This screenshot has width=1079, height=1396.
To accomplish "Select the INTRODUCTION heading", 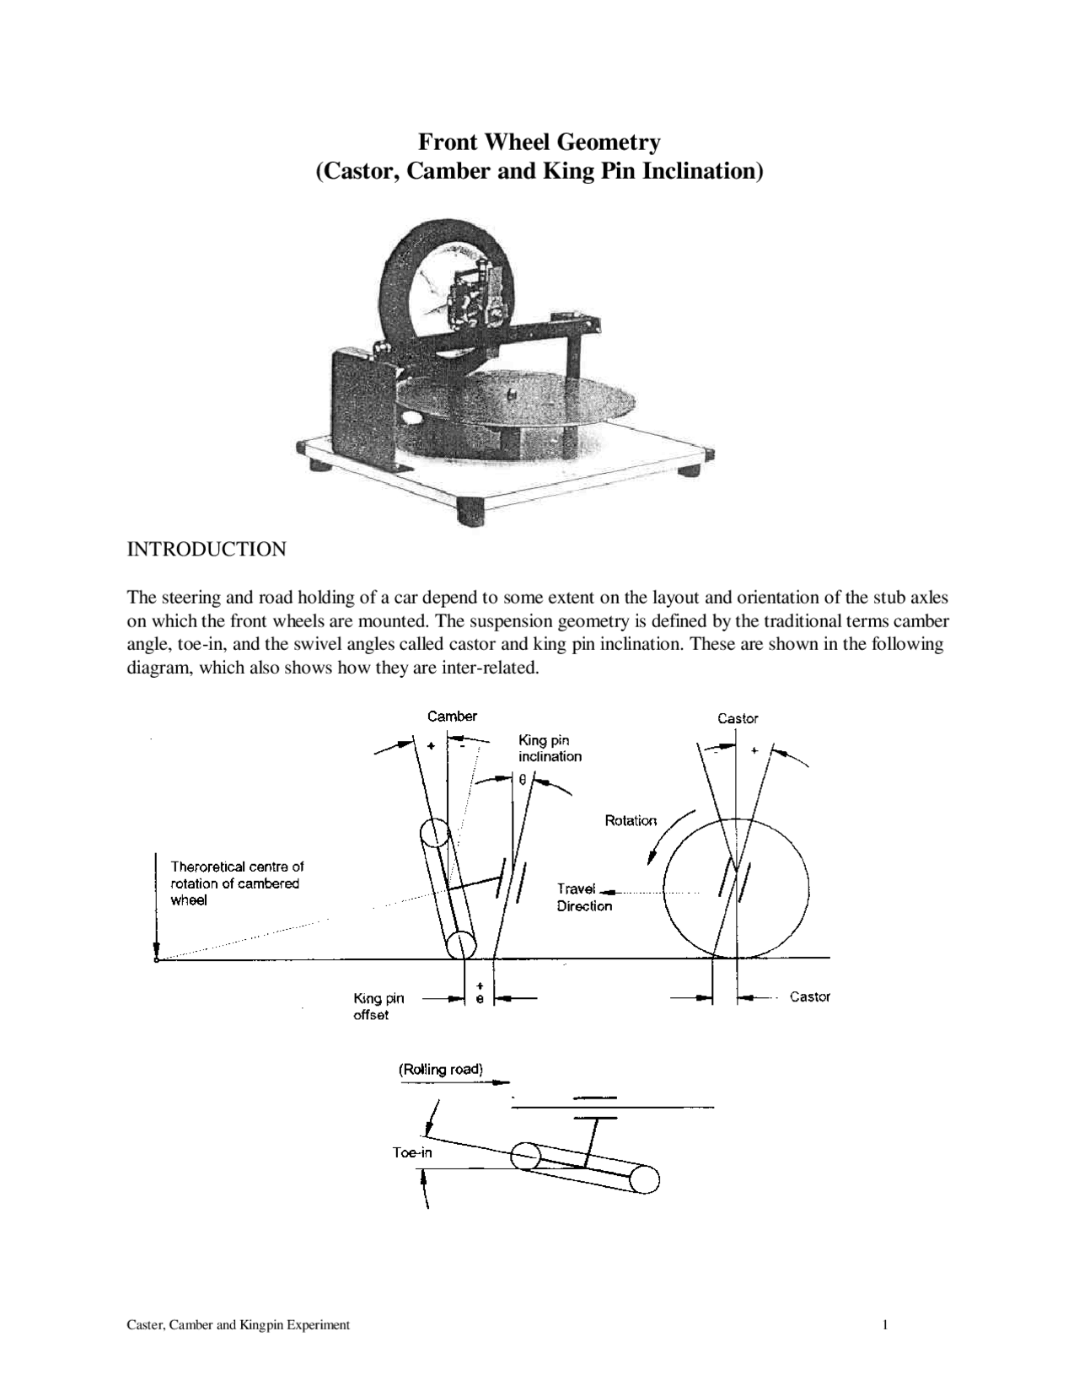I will [x=206, y=550].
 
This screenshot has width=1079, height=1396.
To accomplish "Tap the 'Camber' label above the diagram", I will [x=452, y=717].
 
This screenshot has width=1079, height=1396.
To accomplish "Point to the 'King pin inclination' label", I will [x=550, y=749].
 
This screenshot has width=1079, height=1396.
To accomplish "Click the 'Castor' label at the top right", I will [x=738, y=718].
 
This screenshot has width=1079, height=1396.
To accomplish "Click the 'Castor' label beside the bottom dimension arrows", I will [x=809, y=996].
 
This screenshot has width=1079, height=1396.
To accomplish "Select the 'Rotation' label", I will [x=631, y=820].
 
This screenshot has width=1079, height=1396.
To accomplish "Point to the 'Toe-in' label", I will [x=412, y=1152].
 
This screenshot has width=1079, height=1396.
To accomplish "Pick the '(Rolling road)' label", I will [x=441, y=1069].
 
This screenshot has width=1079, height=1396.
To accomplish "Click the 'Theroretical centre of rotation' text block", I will [x=237, y=883].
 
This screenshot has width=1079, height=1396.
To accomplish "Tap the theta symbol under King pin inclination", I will [x=523, y=781].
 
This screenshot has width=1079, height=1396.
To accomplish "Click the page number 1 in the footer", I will [x=885, y=1325].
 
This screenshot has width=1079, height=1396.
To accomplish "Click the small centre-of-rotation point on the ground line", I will [x=157, y=958].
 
